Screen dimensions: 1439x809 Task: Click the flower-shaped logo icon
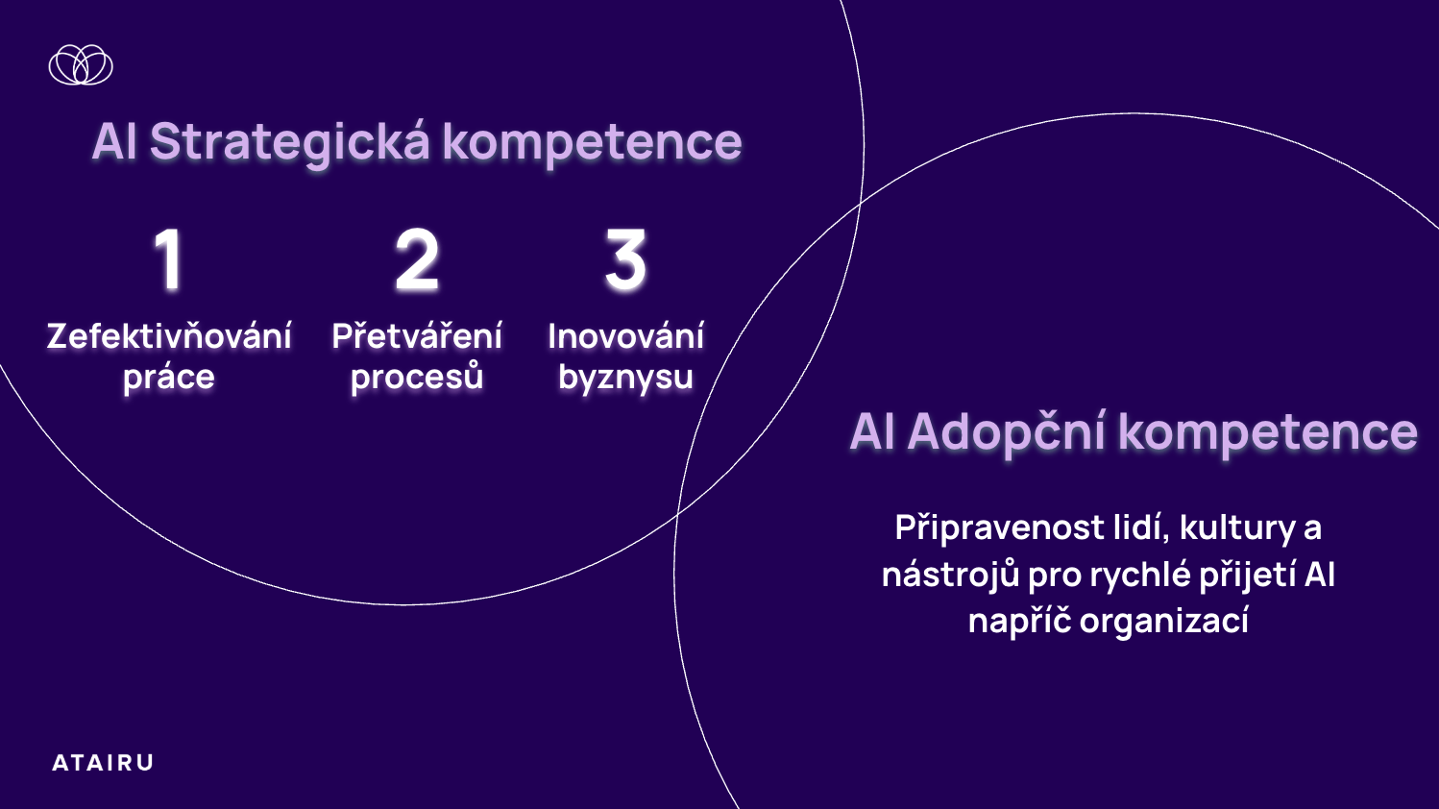point(81,65)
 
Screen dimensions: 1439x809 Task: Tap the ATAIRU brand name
point(103,763)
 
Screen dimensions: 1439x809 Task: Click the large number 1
point(169,260)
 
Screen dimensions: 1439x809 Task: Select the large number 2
point(417,260)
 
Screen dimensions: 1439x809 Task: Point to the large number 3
point(625,260)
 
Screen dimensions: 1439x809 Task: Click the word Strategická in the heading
point(290,143)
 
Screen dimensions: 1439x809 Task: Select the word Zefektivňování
point(169,336)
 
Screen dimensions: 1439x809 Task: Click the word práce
point(169,378)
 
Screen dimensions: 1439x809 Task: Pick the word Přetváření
point(417,336)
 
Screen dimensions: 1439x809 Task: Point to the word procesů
point(417,377)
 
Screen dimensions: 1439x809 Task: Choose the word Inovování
point(625,336)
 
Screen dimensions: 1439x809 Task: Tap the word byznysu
point(625,378)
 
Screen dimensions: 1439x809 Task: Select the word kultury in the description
point(1237,529)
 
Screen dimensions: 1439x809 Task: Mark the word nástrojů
point(951,574)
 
